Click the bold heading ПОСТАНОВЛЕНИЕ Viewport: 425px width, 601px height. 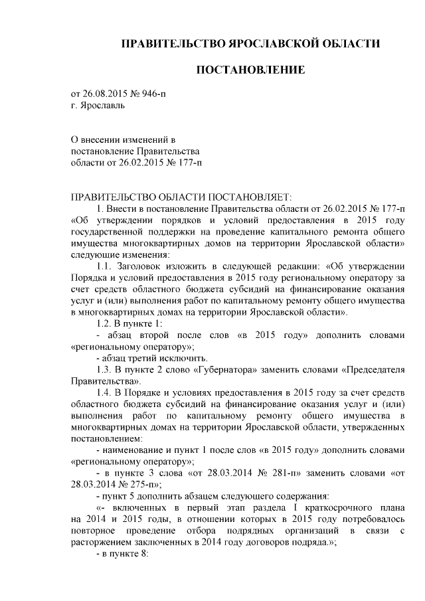pos(250,69)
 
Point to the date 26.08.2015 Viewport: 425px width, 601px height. pos(105,94)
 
